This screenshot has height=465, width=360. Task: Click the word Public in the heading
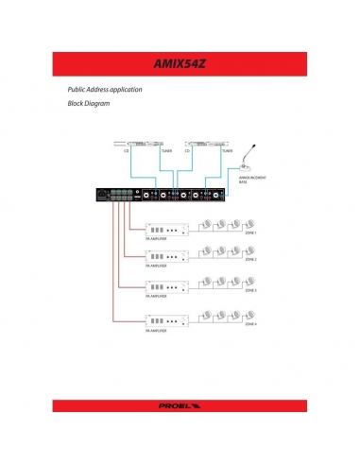click(x=77, y=88)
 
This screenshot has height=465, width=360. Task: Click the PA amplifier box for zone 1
click(x=162, y=229)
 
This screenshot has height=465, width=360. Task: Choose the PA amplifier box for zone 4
click(x=162, y=319)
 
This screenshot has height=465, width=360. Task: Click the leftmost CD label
click(x=128, y=148)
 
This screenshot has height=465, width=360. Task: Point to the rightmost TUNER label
click(x=227, y=148)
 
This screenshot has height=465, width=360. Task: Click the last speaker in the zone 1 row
click(x=252, y=224)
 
